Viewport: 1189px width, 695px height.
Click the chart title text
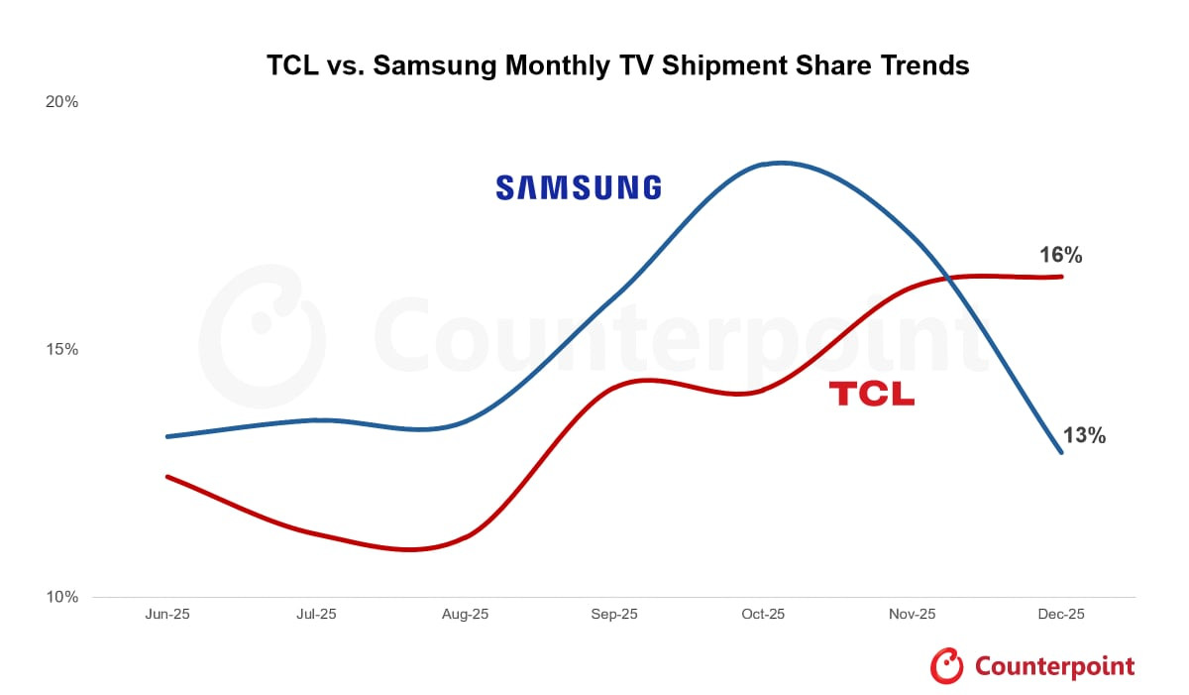coord(617,66)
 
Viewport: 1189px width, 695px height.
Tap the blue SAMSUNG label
coord(578,187)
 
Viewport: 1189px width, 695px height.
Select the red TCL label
coord(871,394)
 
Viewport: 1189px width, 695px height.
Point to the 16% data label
coord(1059,255)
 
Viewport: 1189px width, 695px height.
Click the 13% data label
coord(1083,435)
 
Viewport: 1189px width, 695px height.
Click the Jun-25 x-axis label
coord(167,615)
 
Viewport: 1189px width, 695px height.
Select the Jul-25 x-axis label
coord(316,615)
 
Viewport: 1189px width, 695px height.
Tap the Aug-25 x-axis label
coord(465,615)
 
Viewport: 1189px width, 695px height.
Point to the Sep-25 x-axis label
coord(614,615)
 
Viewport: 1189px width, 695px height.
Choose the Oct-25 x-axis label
coord(763,615)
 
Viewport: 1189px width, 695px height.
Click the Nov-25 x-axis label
coord(912,615)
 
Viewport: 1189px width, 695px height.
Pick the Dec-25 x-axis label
coord(1060,615)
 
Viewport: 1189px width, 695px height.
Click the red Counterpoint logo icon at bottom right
coord(946,666)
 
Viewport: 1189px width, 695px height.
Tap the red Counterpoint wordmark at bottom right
coord(1054,666)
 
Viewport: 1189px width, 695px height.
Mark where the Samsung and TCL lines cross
coord(949,277)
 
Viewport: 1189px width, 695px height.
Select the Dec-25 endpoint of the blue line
coord(1061,452)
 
